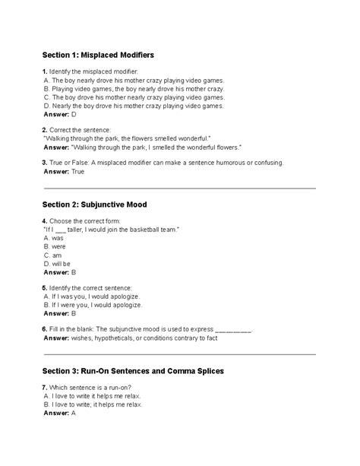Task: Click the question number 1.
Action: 45,71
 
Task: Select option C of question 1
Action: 133,97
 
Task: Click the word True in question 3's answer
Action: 78,172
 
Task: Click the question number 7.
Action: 45,387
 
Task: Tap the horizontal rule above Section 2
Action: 180,189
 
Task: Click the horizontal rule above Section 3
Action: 180,354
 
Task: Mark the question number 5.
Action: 45,287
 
